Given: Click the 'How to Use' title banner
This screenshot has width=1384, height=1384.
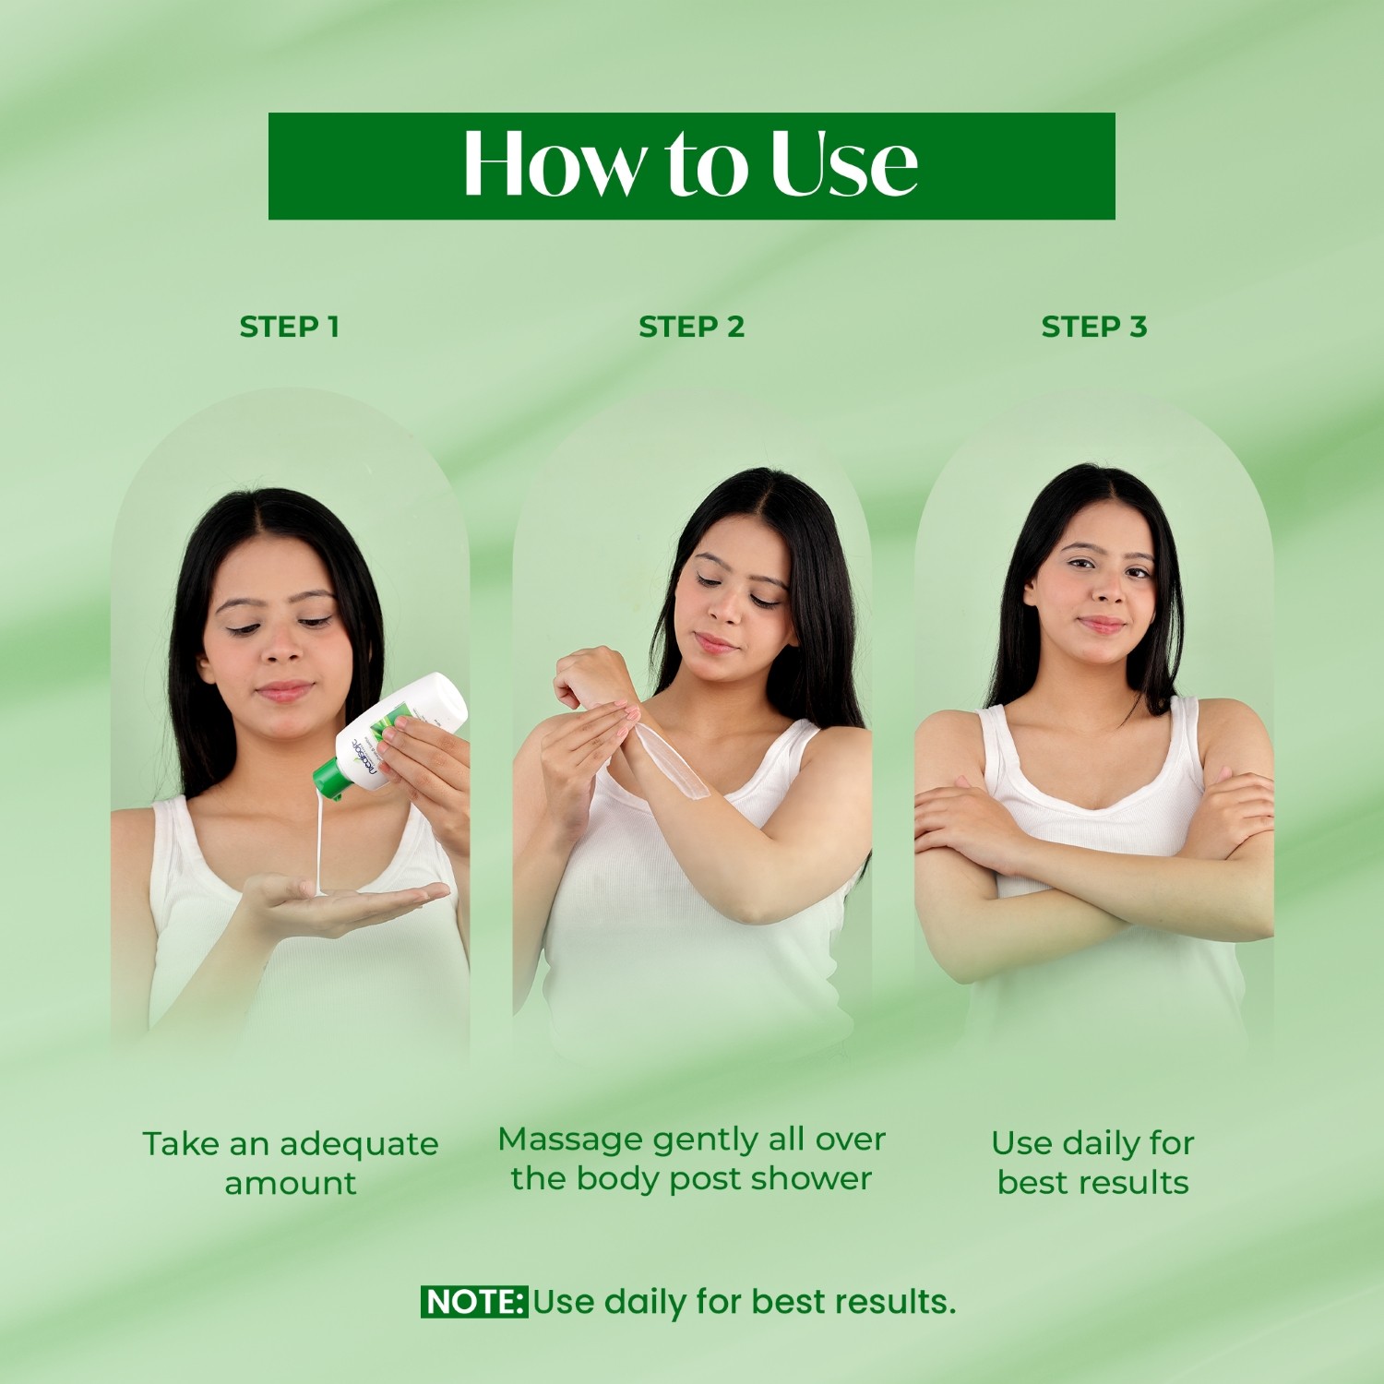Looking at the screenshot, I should click(691, 166).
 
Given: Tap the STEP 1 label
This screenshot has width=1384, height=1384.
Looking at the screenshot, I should click(289, 327).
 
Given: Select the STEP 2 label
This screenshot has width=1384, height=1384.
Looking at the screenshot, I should click(691, 327).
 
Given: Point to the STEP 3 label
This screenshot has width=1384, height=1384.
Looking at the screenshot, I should click(1093, 327).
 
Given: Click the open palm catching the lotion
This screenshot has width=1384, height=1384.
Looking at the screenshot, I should click(351, 900).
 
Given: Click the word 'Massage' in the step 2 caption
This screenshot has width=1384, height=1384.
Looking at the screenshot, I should click(569, 1139).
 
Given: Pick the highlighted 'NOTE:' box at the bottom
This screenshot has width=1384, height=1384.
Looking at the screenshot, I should click(474, 1302).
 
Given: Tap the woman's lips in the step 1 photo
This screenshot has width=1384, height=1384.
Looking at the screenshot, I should click(284, 690).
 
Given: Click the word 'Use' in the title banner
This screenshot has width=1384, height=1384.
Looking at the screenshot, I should click(843, 166).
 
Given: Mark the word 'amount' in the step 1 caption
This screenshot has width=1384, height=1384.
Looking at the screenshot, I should click(290, 1184).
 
